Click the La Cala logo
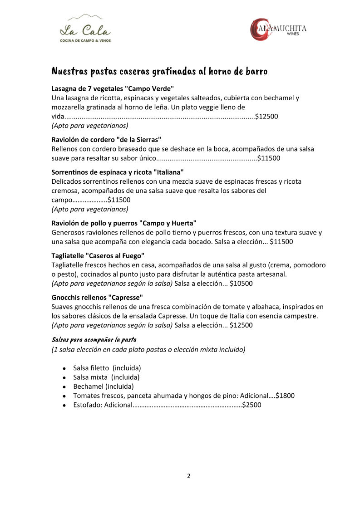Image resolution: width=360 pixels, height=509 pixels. [x=85, y=29]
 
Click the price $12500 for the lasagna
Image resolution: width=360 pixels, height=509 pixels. [x=266, y=116]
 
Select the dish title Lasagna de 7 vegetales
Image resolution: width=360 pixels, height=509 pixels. [x=113, y=88]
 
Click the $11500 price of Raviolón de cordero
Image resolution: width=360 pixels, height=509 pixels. [x=269, y=158]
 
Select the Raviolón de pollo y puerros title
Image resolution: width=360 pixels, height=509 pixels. [x=124, y=223]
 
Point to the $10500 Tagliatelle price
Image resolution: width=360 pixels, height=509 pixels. [x=241, y=284]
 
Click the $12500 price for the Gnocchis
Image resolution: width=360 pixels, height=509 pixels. [x=241, y=325]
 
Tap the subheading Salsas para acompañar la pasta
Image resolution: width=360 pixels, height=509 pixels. [x=94, y=339]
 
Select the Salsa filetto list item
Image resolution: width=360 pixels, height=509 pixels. [x=107, y=367]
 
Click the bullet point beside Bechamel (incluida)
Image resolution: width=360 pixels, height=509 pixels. [x=65, y=387]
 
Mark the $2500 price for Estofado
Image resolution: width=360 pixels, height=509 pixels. [x=252, y=405]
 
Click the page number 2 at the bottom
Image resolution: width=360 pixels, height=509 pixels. [x=188, y=476]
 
